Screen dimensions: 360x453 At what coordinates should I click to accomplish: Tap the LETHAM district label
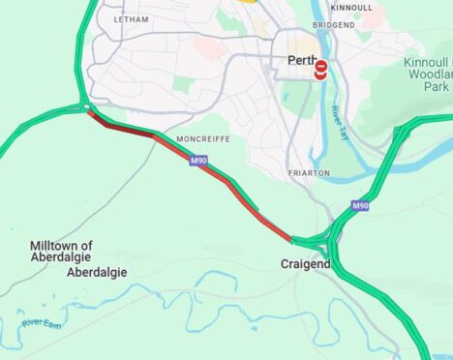pos(132,18)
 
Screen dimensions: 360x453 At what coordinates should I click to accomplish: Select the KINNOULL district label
pos(350,7)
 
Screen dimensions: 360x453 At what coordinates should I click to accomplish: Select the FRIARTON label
pos(309,173)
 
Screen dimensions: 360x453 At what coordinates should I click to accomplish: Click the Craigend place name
pos(305,263)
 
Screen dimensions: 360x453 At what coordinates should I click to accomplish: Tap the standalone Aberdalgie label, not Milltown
pos(97,273)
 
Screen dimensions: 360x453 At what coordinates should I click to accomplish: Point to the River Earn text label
pos(41,321)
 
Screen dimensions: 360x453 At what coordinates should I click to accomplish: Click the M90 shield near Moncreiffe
pos(197,160)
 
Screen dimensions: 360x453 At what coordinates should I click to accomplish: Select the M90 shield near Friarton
pos(360,206)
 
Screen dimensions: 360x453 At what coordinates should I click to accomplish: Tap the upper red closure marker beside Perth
pos(321,65)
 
